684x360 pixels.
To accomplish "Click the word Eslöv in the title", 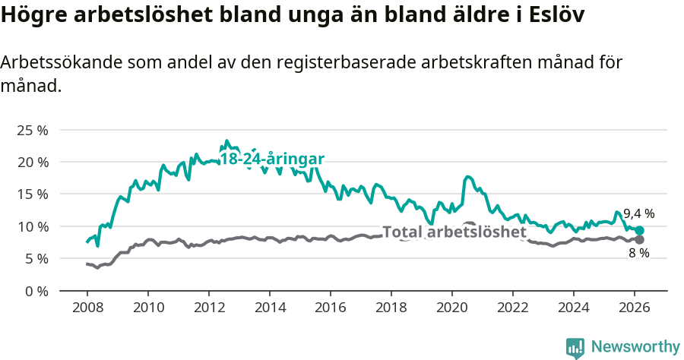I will (553, 15).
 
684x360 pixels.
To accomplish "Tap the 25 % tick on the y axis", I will (32, 130).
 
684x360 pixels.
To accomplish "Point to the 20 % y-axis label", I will (32, 162).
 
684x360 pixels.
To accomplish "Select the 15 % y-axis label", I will (32, 194).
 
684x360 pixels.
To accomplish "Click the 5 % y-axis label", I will (35, 258).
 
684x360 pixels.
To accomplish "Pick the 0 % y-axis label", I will (35, 290).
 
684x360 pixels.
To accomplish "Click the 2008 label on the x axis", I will (87, 308).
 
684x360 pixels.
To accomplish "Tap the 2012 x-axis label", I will (208, 308).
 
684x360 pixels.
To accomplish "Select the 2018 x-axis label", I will (391, 308).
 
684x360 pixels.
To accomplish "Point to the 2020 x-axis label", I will (451, 308).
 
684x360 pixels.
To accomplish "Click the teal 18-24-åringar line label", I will (272, 159).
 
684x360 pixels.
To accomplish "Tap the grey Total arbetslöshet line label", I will (454, 232).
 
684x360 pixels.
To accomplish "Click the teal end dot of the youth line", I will (640, 230).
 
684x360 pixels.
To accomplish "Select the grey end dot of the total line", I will (640, 240).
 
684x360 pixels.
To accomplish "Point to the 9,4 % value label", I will (638, 213).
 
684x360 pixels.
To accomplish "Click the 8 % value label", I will (638, 254).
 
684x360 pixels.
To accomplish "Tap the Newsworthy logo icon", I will (575, 347).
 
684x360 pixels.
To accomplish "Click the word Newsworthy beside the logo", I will (635, 347).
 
